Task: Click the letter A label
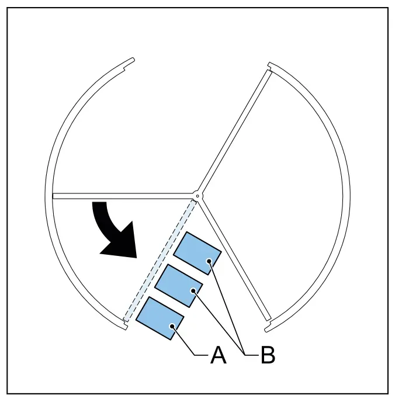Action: click(x=218, y=355)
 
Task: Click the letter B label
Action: click(x=268, y=355)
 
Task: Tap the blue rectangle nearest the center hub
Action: click(x=197, y=253)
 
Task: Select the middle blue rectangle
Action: click(x=178, y=286)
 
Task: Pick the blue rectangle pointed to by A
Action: click(x=160, y=318)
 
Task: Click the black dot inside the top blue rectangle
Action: click(x=209, y=261)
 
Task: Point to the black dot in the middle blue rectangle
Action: click(x=193, y=291)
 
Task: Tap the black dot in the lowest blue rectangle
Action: click(x=172, y=327)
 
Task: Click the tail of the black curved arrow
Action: click(x=99, y=202)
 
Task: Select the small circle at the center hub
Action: click(x=197, y=196)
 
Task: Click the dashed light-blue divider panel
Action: click(x=160, y=261)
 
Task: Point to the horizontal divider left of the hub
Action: click(x=123, y=196)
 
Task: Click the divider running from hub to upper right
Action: click(x=235, y=131)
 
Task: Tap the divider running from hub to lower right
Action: click(x=235, y=261)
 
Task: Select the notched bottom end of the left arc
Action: click(x=125, y=325)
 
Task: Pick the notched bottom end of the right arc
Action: click(x=268, y=327)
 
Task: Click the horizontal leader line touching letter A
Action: click(x=201, y=355)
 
